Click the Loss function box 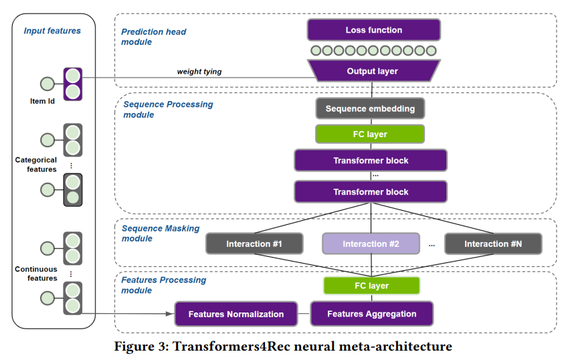[x=374, y=30]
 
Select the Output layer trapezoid [x=372, y=71]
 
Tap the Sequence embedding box [x=370, y=108]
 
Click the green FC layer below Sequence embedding [x=370, y=134]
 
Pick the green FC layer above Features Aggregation [x=371, y=286]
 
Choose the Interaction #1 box [x=254, y=244]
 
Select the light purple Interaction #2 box [x=371, y=244]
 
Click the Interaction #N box [x=492, y=244]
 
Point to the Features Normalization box [x=236, y=314]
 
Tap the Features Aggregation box [x=371, y=314]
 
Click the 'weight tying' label [x=199, y=71]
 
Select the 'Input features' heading [x=52, y=31]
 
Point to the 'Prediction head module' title [x=154, y=37]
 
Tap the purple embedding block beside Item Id [x=72, y=84]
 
